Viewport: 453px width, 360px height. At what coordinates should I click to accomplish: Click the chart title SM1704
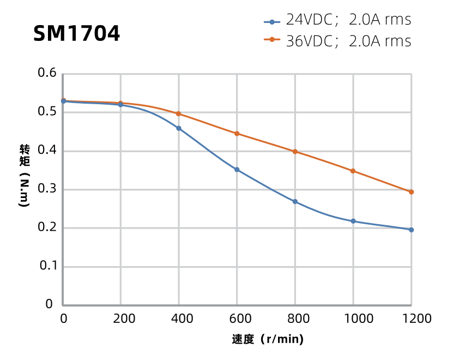click(x=76, y=34)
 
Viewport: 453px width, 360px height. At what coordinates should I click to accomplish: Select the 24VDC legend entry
click(x=337, y=20)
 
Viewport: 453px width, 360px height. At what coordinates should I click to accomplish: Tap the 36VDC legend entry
click(x=337, y=41)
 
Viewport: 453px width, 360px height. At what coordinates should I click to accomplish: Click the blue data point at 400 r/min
click(x=179, y=128)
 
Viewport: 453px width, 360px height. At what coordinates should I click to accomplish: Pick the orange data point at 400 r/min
click(x=179, y=113)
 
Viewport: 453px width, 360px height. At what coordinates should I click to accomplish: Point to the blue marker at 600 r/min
click(x=237, y=170)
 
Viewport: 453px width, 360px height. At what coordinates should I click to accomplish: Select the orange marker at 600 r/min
click(x=237, y=134)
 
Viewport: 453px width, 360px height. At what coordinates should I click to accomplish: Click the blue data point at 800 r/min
click(x=295, y=201)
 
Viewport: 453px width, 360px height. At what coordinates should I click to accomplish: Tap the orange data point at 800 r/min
click(x=295, y=152)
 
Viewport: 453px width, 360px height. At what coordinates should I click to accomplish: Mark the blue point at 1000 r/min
click(x=353, y=221)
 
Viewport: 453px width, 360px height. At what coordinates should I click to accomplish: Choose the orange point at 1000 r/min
click(x=353, y=171)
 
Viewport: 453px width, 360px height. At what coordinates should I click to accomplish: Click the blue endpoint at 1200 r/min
click(x=411, y=230)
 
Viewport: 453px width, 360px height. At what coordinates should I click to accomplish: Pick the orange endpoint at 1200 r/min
click(x=411, y=192)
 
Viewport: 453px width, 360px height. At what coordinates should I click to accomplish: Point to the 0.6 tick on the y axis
click(x=47, y=73)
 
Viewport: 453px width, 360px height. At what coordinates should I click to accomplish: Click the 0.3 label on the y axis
click(x=47, y=189)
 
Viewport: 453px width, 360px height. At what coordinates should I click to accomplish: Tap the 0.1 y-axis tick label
click(x=47, y=266)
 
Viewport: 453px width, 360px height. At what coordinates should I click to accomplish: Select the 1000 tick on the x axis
click(x=353, y=319)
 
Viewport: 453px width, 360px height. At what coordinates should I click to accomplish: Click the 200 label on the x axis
click(x=121, y=319)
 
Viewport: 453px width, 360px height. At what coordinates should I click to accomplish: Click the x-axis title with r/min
click(x=268, y=339)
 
